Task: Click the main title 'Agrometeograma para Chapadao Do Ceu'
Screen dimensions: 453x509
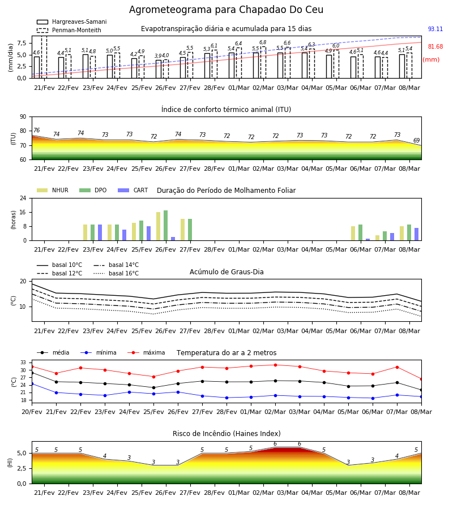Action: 226,10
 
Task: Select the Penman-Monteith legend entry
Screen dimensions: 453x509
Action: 69,30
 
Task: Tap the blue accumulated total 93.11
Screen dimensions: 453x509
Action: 435,29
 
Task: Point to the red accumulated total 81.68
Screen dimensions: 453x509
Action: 435,46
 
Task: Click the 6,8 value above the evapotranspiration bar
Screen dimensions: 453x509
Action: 263,42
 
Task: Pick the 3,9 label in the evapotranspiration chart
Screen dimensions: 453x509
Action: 158,56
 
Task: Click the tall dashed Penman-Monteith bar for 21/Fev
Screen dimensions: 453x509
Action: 44,57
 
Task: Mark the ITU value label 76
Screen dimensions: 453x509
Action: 36,130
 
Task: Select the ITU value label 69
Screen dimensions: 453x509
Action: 416,141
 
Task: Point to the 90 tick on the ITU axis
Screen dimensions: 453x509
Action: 23,117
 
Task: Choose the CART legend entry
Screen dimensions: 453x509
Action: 133,190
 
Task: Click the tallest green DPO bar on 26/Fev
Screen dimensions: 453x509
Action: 166,226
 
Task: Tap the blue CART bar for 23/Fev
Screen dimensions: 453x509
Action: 100,232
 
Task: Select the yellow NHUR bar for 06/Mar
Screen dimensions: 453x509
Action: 353,234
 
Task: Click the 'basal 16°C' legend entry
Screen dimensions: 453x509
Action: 116,273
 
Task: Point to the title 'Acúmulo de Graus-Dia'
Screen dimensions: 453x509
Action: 226,272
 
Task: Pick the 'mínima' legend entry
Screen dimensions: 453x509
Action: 99,352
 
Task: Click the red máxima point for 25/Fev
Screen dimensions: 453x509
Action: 153,377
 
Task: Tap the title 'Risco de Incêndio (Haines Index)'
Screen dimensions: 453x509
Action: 226,434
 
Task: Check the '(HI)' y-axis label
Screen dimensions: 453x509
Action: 10,463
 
